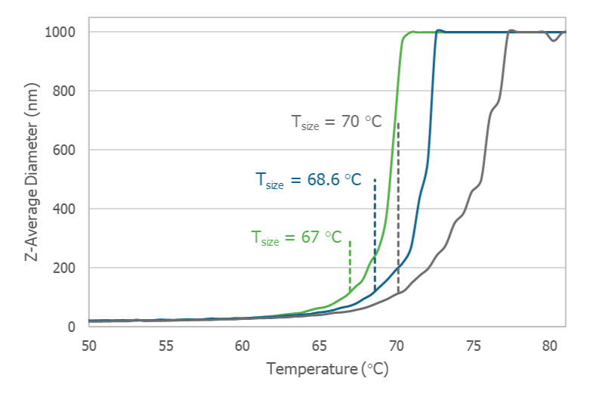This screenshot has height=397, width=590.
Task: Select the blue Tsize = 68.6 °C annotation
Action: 307,180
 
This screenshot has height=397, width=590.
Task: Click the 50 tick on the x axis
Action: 88,346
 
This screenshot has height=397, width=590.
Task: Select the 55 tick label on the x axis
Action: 165,346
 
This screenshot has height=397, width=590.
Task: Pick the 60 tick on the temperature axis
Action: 242,346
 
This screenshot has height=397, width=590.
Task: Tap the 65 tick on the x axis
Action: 319,346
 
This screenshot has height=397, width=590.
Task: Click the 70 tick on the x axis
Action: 395,346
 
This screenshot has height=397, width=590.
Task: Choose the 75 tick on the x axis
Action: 472,346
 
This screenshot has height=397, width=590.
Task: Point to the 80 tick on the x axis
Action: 548,346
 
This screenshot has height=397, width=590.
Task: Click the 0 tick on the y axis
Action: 72,327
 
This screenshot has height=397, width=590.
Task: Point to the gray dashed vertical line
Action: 398,212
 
